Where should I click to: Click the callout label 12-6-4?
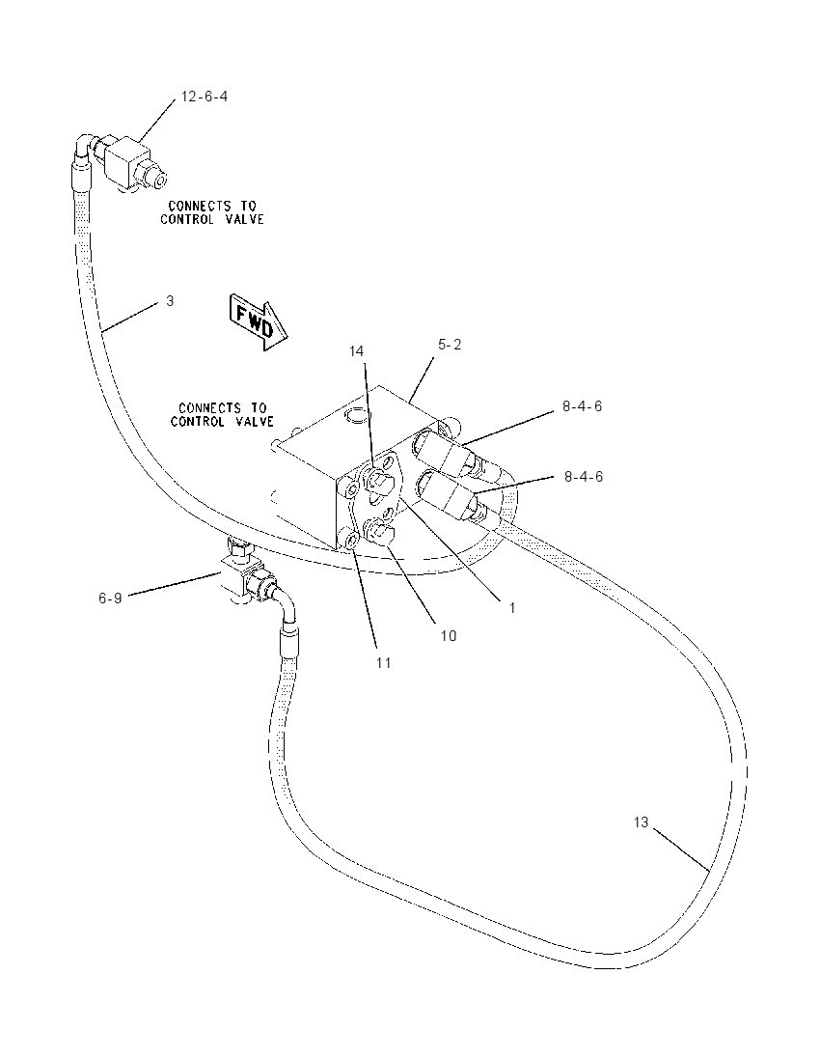point(205,97)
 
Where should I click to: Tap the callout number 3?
point(170,301)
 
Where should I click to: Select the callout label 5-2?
point(450,345)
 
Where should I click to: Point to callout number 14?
point(356,350)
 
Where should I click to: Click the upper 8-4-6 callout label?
point(582,406)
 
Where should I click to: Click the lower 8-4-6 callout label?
point(584,477)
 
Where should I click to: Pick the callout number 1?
point(512,608)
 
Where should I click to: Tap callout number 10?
point(449,635)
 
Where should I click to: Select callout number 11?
point(384,663)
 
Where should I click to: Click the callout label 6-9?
point(110,598)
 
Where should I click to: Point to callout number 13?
point(641,821)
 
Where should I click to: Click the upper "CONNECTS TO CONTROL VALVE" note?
point(211,212)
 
